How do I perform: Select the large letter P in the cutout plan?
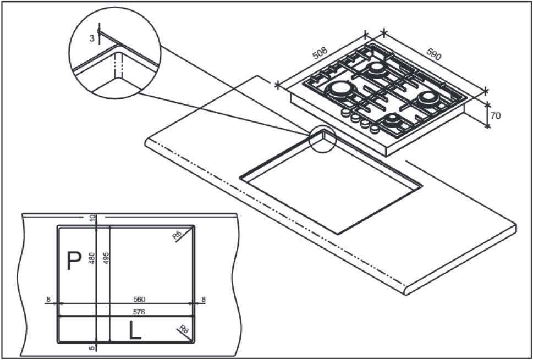(x=74, y=261)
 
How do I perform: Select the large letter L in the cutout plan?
(x=135, y=330)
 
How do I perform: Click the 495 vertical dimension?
(x=107, y=258)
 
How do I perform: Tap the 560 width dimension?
(x=139, y=300)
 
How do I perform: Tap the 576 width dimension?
(x=139, y=312)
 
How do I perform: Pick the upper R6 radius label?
(x=177, y=236)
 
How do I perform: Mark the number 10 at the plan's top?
(x=93, y=219)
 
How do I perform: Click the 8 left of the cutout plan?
(x=48, y=300)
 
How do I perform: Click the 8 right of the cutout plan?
(x=203, y=300)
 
